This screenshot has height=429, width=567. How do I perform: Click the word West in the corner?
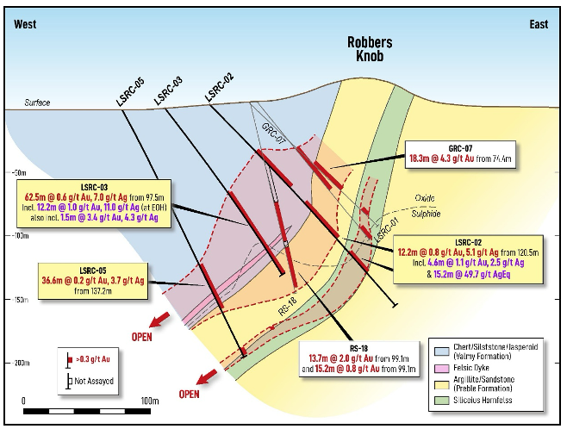click(x=25, y=24)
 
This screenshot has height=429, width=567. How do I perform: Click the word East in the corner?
click(x=539, y=24)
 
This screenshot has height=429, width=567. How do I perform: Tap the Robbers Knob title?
click(x=370, y=49)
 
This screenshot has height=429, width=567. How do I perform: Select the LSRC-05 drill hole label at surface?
click(x=130, y=92)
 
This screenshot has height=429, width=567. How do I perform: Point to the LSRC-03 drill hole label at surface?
click(x=168, y=91)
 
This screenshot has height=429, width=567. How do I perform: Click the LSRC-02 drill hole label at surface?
click(x=219, y=87)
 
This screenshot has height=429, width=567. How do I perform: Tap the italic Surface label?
click(x=37, y=103)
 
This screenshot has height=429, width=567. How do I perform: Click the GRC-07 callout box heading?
click(x=460, y=148)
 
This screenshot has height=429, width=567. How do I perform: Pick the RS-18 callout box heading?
click(x=358, y=348)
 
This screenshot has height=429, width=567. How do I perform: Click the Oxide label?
click(x=425, y=198)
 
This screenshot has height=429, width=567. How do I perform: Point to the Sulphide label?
click(x=426, y=214)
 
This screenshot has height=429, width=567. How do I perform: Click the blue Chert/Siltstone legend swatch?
click(x=441, y=351)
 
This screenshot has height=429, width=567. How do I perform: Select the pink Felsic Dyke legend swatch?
click(x=441, y=369)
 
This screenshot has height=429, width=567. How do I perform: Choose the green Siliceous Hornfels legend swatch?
click(x=441, y=401)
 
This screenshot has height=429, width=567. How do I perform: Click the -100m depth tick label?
click(x=21, y=236)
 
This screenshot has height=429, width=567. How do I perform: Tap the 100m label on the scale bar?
click(x=150, y=401)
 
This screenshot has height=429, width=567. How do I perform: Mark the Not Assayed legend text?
click(x=94, y=381)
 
